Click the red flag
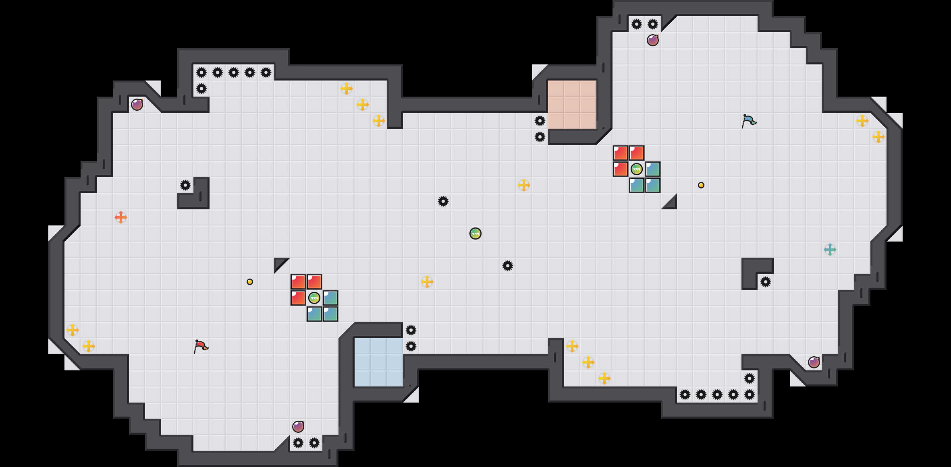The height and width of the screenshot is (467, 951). point(200,346)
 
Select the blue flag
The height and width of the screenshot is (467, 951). point(748,120)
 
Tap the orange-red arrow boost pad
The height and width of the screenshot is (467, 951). point(121,217)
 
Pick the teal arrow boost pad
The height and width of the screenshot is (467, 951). point(830,250)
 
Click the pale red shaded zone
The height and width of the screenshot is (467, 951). point(572,104)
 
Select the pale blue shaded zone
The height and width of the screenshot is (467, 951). point(378,362)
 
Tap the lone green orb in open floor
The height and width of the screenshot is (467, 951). point(475,233)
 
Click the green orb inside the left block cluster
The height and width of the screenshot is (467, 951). point(314,298)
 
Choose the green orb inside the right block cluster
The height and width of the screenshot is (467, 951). point(637,169)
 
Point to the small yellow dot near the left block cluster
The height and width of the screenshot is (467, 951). point(250,282)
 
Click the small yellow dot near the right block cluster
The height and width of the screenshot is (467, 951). point(701,185)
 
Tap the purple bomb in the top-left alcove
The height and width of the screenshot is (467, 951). point(137,105)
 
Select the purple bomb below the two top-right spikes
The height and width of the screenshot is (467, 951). point(653,40)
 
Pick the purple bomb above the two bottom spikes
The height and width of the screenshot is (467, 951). point(298,427)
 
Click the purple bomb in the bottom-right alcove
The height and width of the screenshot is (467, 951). point(814,362)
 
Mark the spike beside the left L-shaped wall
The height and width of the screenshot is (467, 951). point(185,185)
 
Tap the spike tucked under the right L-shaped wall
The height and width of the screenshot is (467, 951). point(766,282)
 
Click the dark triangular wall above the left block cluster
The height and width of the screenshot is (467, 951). point(279,263)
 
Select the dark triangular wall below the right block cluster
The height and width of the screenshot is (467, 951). point(671,204)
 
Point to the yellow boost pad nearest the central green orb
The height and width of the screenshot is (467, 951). point(427,282)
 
